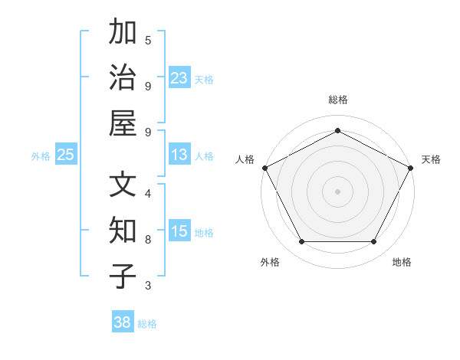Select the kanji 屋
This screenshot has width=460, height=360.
point(123,123)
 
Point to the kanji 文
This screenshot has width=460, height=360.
point(123,185)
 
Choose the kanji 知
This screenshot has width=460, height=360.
point(123,231)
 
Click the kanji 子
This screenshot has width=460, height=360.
point(123,277)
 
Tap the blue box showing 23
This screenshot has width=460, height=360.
point(179,78)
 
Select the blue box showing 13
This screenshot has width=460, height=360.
point(179,155)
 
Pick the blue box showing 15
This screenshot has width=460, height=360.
point(179,231)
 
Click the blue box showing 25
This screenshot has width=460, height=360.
point(66,155)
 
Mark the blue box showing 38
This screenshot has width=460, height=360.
point(123,322)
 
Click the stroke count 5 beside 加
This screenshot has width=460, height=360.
point(148,40)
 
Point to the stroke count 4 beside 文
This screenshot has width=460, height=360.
point(148,193)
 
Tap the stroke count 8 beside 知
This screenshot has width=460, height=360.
point(148,239)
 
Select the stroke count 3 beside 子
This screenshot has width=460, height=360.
point(148,286)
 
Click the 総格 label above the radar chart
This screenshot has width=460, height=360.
point(337,100)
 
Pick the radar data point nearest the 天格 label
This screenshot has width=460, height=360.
point(412,167)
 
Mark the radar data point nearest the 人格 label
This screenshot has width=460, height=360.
point(264,167)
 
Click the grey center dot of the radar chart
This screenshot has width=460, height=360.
point(337,191)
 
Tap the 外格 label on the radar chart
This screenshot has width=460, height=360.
point(270,262)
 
